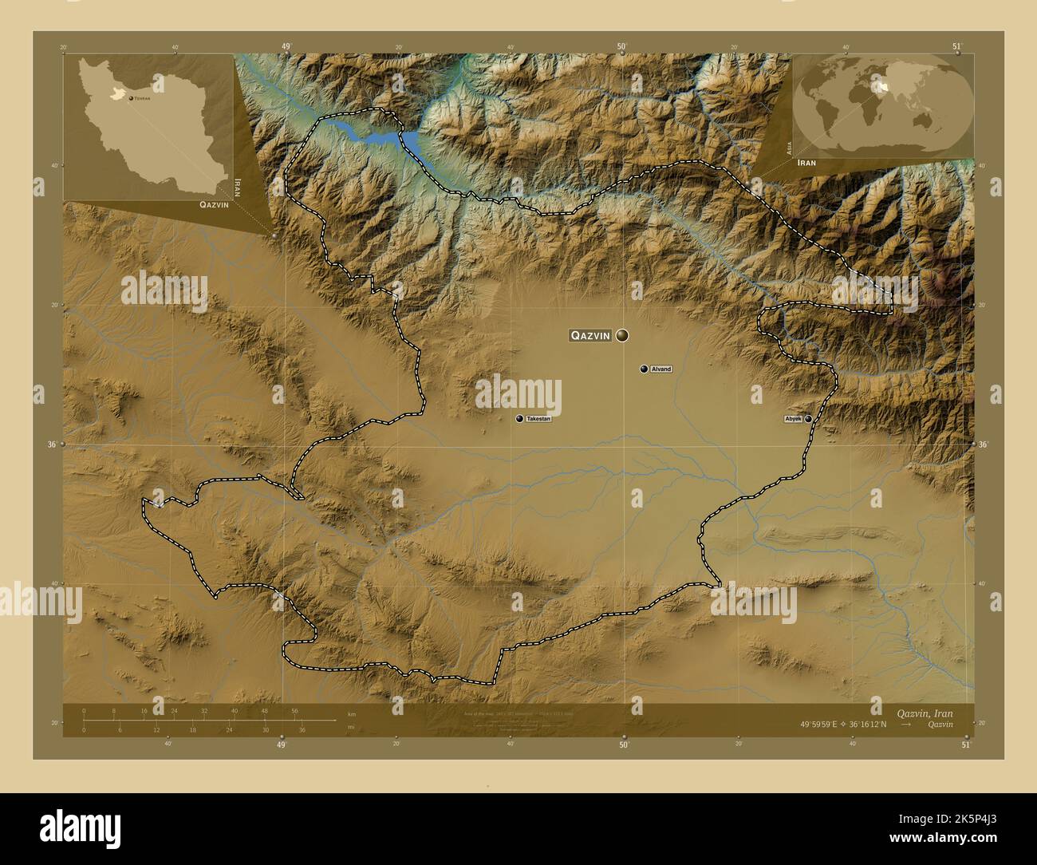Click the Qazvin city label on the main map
(x=589, y=336)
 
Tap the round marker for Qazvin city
(x=621, y=336)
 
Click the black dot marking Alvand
(x=643, y=369)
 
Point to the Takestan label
(x=538, y=419)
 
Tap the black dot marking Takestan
(x=519, y=419)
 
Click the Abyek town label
(x=793, y=418)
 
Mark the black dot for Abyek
(x=808, y=418)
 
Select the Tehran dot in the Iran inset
(x=130, y=98)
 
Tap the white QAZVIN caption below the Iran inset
(x=210, y=205)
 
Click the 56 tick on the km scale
(x=294, y=711)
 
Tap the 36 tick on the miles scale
(x=302, y=729)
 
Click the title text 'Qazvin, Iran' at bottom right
(x=924, y=712)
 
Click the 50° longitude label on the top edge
(x=622, y=46)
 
